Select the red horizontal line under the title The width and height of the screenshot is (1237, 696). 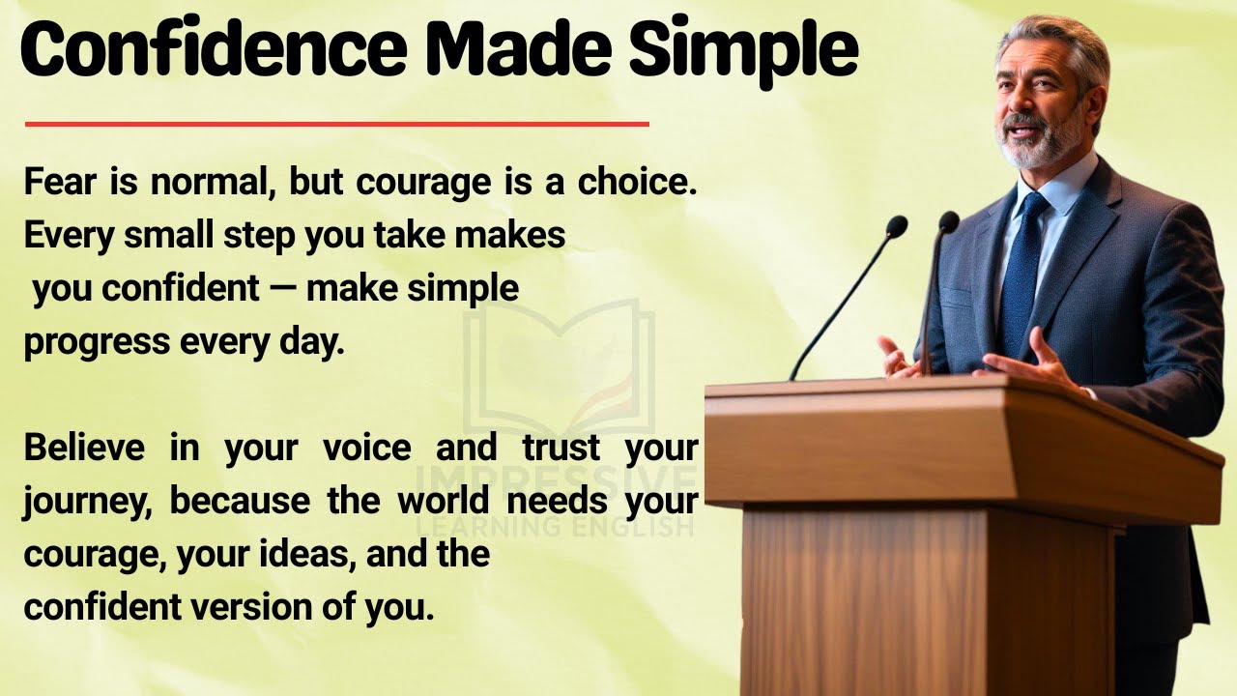[337, 125]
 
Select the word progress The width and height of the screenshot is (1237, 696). [97, 343]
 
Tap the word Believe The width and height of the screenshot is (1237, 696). [84, 447]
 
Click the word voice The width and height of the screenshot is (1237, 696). [367, 447]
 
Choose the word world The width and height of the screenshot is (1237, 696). [444, 500]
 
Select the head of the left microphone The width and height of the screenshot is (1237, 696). [896, 226]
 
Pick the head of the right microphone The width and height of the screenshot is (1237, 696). [949, 221]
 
